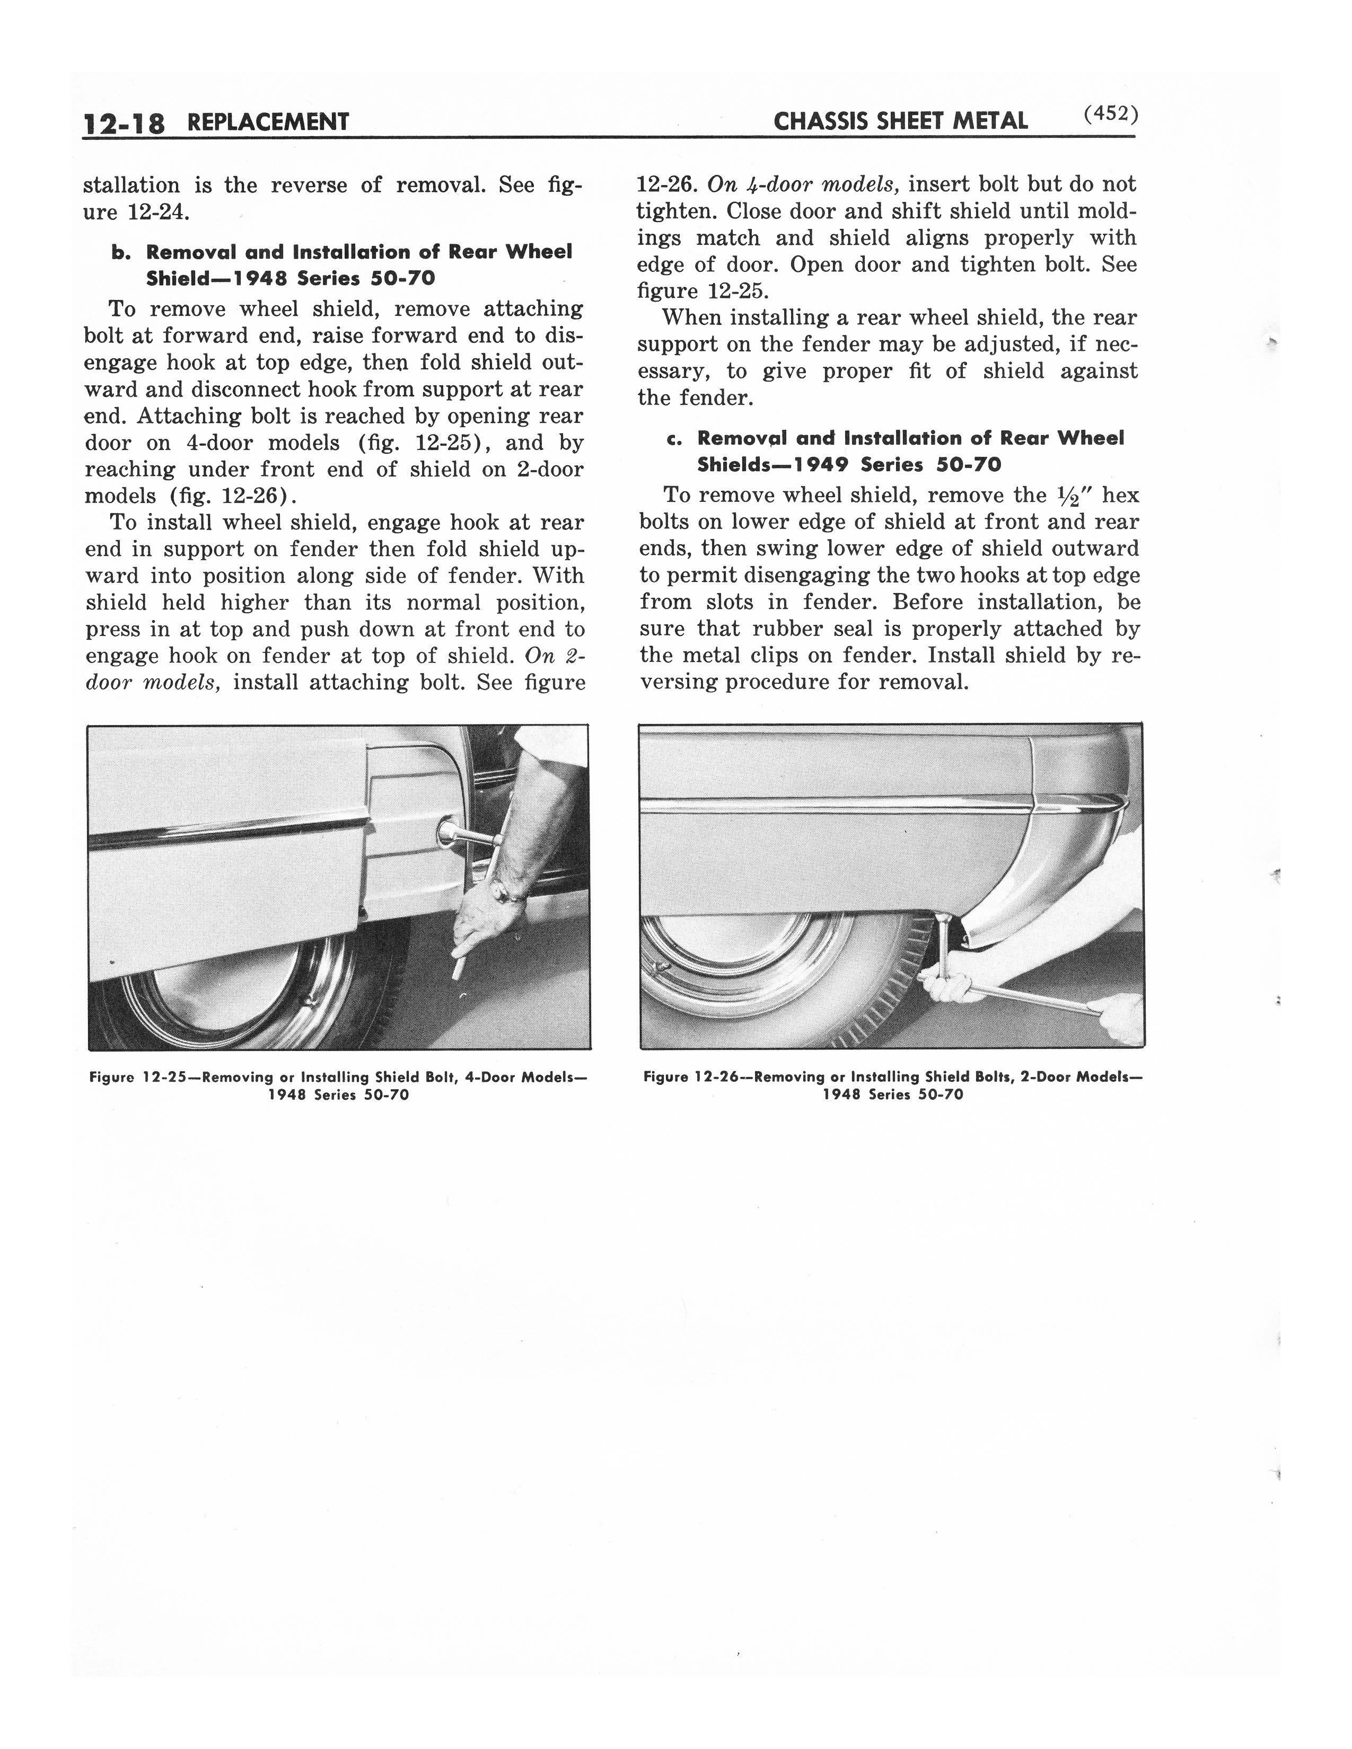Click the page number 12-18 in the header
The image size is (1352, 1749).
(x=124, y=123)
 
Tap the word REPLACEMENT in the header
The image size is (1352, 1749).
(x=268, y=122)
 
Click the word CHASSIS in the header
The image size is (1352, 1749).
(x=819, y=122)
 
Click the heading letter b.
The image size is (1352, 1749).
(x=120, y=252)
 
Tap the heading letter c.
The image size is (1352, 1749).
(x=673, y=439)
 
